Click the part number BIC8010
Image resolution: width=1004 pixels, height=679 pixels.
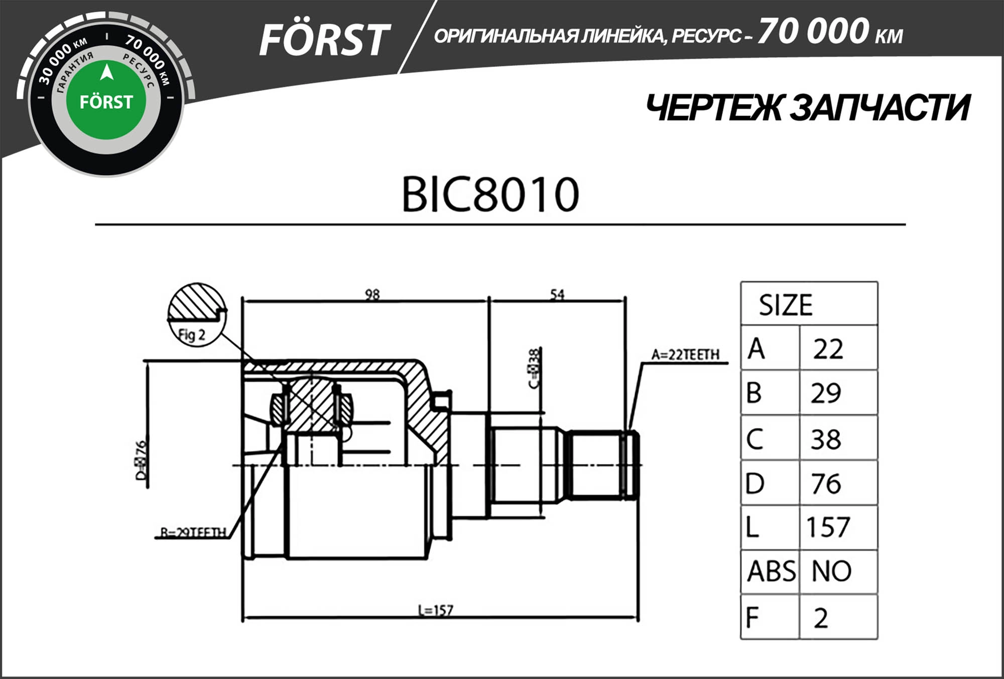click(x=490, y=195)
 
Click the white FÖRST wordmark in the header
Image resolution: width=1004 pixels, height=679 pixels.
click(x=324, y=40)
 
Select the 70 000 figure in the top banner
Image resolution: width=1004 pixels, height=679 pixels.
click(x=813, y=32)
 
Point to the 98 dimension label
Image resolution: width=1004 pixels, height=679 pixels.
click(x=372, y=294)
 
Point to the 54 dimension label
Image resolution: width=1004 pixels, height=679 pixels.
click(x=557, y=294)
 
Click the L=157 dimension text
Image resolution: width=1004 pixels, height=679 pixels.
click(x=435, y=610)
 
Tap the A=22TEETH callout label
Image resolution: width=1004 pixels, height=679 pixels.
click(x=685, y=355)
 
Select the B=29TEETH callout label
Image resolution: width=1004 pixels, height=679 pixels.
click(x=193, y=532)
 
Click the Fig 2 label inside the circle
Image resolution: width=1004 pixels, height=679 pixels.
click(x=192, y=335)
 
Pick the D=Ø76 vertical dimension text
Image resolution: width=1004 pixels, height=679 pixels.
click(x=141, y=460)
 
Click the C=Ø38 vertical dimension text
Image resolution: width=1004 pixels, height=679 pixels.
click(x=534, y=368)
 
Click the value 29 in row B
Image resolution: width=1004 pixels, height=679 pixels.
click(x=826, y=393)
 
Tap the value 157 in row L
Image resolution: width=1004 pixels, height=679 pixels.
click(x=828, y=527)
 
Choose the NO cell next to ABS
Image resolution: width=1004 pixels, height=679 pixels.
click(x=831, y=571)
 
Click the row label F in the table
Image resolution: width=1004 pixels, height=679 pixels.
click(x=752, y=617)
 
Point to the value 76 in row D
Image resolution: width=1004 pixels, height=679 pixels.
click(x=826, y=484)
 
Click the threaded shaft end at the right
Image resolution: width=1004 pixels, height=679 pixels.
click(x=602, y=465)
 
